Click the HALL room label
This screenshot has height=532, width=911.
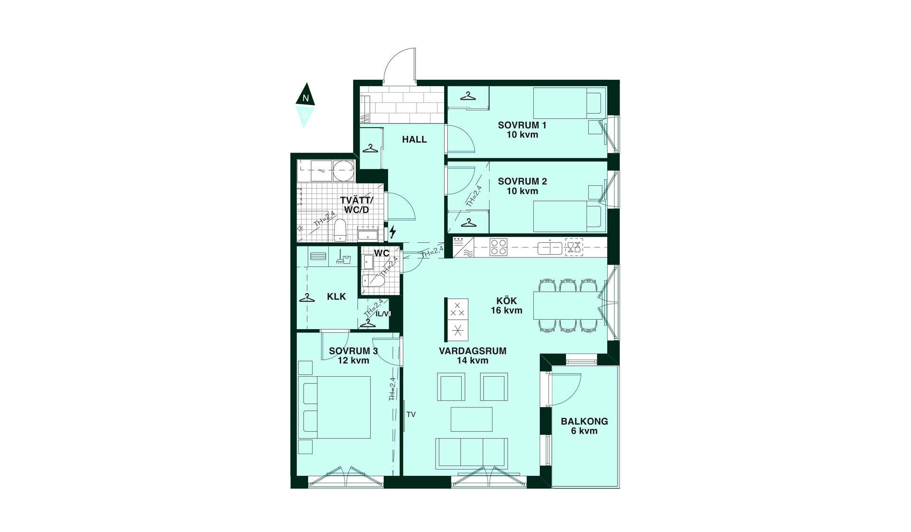[414, 139]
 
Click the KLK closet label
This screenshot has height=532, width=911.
[336, 296]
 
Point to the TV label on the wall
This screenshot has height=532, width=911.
[411, 415]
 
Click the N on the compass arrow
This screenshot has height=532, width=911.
[306, 99]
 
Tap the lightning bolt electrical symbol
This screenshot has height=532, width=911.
[392, 232]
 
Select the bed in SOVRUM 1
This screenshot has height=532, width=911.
[569, 103]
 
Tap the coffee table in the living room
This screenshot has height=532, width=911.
[471, 419]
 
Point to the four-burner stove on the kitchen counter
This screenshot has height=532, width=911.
[499, 247]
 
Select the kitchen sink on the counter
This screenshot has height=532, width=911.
[550, 247]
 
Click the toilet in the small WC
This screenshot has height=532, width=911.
[373, 281]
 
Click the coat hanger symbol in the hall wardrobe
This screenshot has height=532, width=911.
[371, 149]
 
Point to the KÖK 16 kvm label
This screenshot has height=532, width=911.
[506, 305]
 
